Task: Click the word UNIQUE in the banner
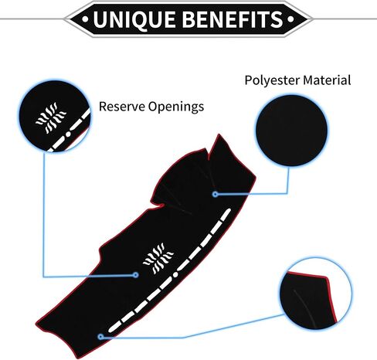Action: point(135,19)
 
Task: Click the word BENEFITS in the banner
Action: point(234,19)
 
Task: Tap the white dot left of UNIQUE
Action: point(85,19)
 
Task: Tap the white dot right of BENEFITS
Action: point(290,19)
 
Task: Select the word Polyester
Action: point(272,80)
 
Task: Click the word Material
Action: point(327,80)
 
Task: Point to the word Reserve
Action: point(122,107)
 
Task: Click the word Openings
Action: point(176,107)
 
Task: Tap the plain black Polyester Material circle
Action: point(291,131)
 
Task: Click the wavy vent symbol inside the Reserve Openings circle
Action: point(51,117)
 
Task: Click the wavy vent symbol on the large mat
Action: point(158,258)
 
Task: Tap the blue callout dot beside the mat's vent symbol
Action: point(136,275)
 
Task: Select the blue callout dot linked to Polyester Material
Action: point(216,194)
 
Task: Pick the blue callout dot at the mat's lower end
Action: point(100,337)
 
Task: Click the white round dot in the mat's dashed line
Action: point(175,274)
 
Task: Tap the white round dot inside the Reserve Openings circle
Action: point(68,134)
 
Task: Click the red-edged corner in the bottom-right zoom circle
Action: point(327,277)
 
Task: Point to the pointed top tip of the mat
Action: point(219,134)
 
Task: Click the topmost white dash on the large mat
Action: point(226,215)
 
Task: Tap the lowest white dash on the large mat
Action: point(114,327)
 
